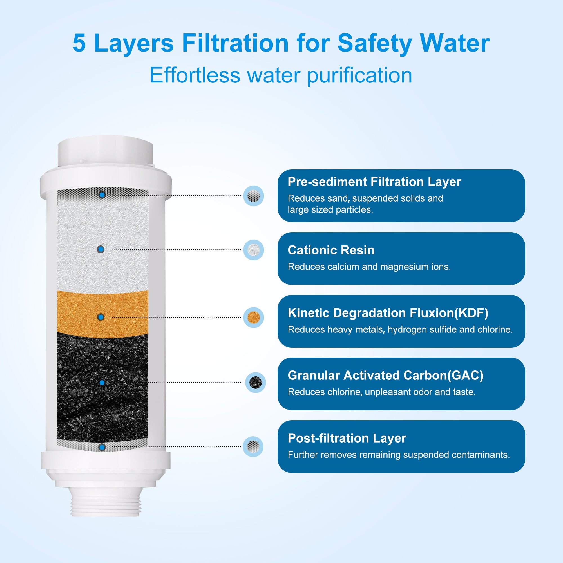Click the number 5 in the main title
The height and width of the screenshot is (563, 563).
79,43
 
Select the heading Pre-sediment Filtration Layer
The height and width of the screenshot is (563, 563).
374,182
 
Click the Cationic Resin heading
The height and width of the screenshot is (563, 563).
331,250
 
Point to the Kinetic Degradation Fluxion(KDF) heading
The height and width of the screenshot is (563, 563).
388,313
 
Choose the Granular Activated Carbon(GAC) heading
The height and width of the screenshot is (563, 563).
386,375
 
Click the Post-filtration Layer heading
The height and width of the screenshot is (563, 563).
347,438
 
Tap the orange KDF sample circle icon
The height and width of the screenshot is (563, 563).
254,317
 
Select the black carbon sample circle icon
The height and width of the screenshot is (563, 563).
256,382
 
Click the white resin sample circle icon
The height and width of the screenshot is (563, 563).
254,250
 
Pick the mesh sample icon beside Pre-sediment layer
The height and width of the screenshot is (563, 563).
254,196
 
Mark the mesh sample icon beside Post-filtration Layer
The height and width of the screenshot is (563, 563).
253,446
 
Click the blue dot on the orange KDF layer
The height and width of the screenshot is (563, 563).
101,317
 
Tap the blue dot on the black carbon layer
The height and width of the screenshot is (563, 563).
102,383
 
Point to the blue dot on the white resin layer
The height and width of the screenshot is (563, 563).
101,249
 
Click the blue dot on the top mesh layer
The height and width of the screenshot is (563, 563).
102,195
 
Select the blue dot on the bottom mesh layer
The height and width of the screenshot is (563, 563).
102,447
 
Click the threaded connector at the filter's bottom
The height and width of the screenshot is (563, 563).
106,502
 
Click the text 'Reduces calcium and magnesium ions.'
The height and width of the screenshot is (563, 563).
369,267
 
